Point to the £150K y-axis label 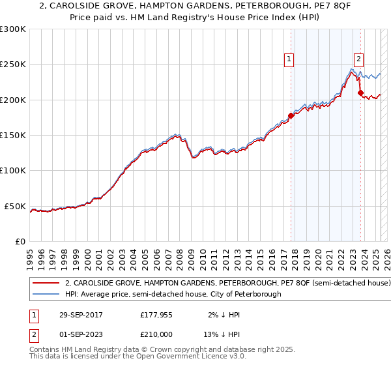[12, 136]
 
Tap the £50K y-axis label [15, 206]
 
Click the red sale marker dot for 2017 [291, 115]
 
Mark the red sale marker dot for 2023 [360, 93]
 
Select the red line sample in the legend [46, 284]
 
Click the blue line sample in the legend [46, 295]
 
